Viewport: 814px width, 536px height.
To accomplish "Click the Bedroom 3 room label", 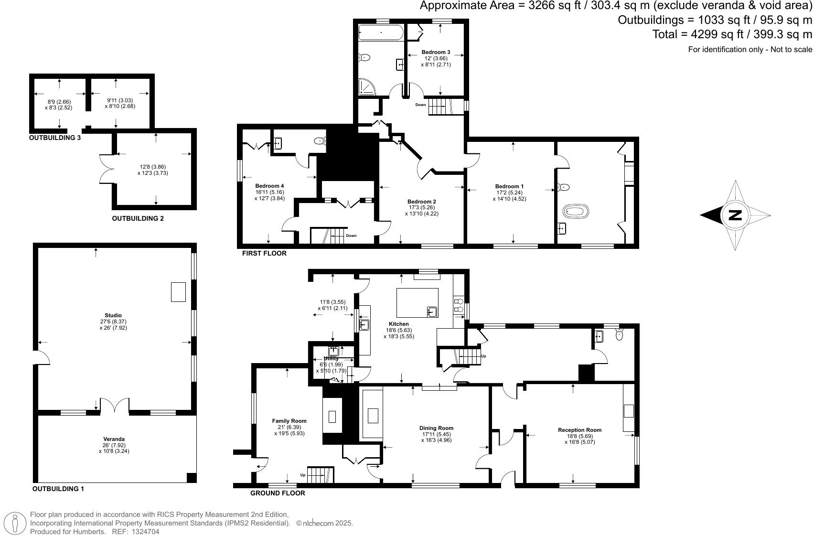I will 436,52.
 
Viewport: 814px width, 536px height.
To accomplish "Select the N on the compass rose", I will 735,215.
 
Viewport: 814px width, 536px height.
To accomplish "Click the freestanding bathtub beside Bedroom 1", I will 577,211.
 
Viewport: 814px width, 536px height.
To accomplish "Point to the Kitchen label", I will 398,324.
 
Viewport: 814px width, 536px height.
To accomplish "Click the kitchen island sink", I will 432,312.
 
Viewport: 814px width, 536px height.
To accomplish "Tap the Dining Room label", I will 436,428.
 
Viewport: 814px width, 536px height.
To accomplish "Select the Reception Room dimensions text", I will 579,439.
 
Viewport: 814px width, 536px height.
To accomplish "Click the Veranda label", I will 114,439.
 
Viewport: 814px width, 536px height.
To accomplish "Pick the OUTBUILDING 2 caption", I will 138,218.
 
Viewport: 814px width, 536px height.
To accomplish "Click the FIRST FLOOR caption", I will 264,253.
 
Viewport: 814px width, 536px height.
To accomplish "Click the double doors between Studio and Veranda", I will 115,405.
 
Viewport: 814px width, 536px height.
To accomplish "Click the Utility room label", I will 331,358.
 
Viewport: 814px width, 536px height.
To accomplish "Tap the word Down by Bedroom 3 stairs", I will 420,105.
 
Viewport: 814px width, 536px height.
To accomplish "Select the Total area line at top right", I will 732,34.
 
